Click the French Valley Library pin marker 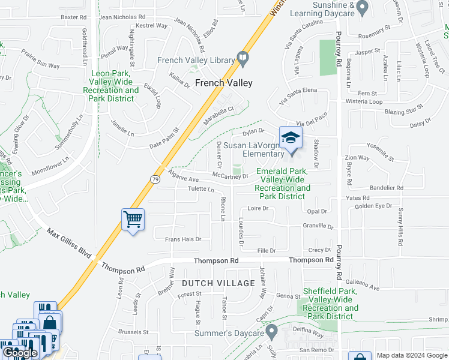[x=243, y=59]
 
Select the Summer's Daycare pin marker [x=272, y=331]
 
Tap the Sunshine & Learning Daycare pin [x=361, y=8]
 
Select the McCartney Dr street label [x=230, y=176]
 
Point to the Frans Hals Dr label [x=182, y=239]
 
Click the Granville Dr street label [x=318, y=226]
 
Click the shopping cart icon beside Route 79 [x=133, y=220]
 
